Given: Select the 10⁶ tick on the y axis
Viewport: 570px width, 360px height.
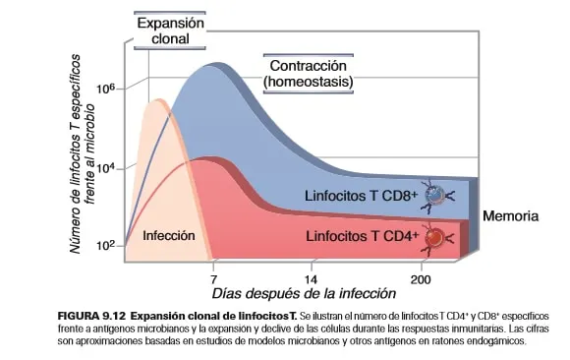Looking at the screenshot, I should tap(106, 90).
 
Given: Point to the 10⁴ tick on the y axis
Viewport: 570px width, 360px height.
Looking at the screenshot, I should tap(106, 168).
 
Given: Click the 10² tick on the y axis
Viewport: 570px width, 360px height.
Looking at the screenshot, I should tap(106, 245).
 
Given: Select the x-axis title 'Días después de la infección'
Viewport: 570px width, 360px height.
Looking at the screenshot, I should tap(305, 292).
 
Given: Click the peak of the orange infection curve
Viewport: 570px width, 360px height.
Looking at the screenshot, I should tap(157, 100).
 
